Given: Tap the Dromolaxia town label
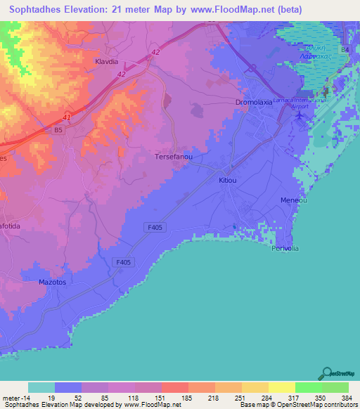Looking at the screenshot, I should click(x=255, y=102).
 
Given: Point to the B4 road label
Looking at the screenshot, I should click(x=345, y=51).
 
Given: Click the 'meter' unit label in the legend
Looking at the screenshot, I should click(x=14, y=397).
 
